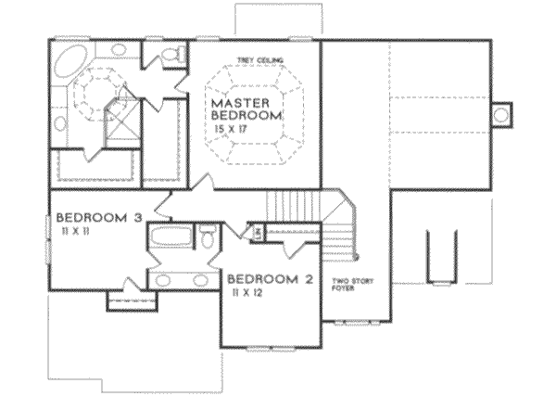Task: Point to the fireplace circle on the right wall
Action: tap(501, 114)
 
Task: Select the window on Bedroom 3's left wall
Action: tap(47, 241)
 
